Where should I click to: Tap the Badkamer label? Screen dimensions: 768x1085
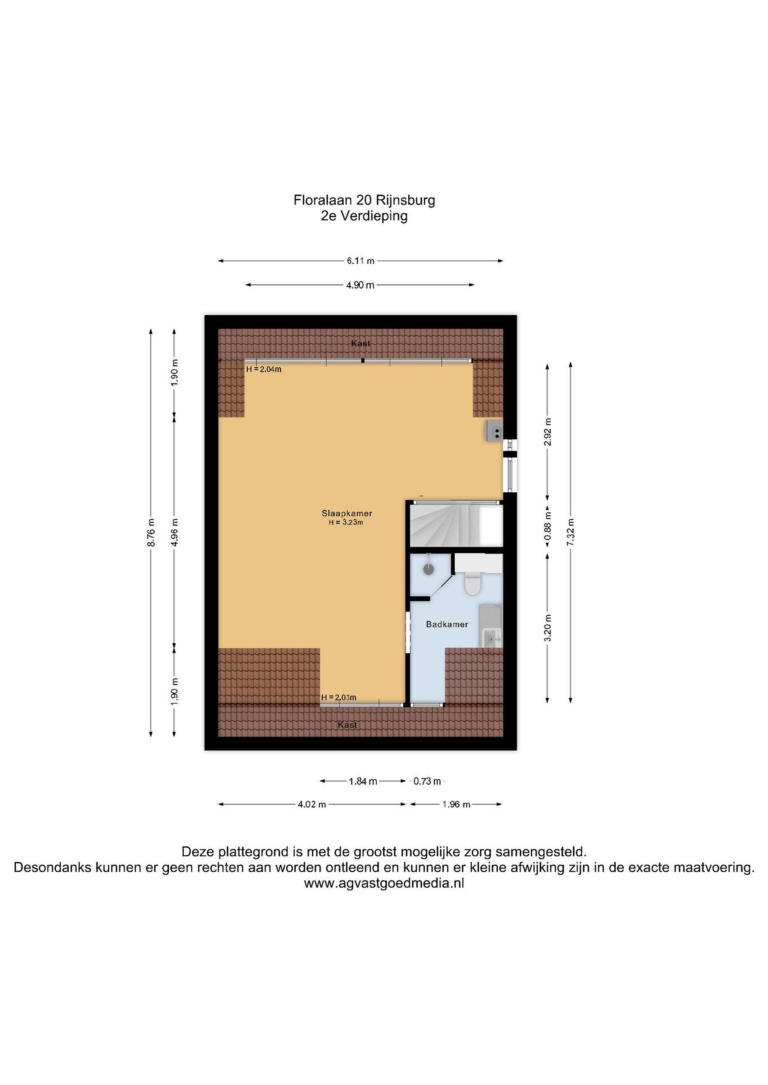447,624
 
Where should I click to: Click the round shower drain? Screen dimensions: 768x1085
429,569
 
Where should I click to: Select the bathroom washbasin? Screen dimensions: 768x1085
492,639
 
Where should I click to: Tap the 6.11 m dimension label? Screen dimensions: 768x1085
360,261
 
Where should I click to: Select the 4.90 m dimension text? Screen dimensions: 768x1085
360,285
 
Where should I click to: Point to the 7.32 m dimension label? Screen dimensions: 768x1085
570,532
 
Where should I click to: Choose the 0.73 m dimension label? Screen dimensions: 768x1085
427,781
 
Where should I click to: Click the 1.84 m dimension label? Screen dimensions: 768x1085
363,781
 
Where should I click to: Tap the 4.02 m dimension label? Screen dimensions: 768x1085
312,804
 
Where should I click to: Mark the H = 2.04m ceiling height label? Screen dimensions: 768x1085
264,370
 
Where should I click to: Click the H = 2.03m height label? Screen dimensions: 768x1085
339,697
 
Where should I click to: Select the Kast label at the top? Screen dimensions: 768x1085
360,344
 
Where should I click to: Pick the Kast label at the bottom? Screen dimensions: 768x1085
348,725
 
